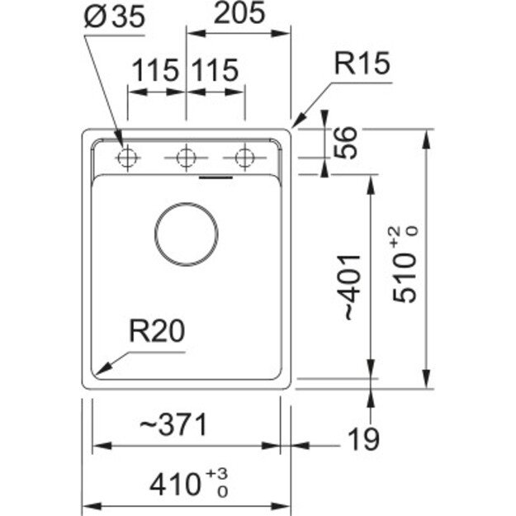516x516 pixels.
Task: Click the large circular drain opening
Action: pos(187,231)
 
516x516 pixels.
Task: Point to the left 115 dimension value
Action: pos(155,71)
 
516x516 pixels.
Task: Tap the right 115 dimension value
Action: pos(215,71)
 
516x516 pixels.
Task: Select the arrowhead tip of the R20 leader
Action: pos(97,369)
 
